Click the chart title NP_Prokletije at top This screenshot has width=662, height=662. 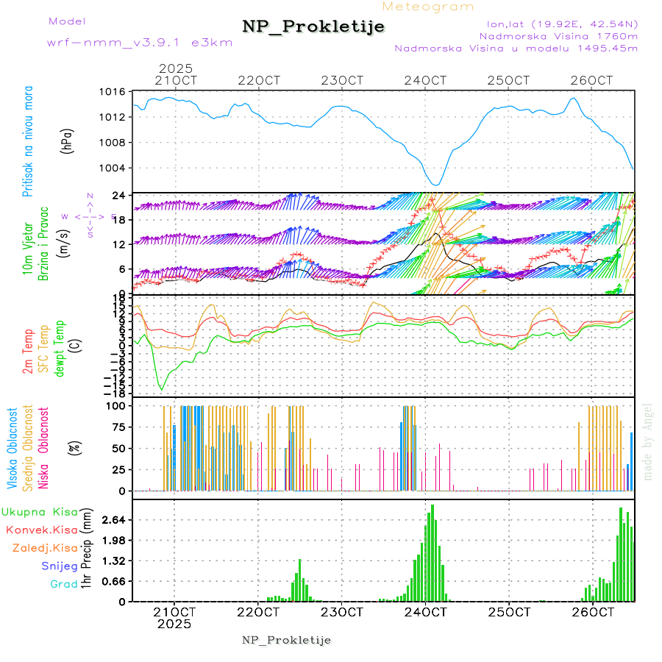313,27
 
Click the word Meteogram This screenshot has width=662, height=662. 429,7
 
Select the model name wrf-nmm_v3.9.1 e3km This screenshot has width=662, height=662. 140,43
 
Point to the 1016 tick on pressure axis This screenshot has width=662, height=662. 113,92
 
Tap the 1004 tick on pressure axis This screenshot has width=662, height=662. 113,168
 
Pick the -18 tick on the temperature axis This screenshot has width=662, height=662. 114,393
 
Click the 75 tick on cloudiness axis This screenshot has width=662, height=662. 116,427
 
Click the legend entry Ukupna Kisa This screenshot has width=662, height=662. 40,511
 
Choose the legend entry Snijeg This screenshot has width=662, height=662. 60,566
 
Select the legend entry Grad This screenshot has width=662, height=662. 64,584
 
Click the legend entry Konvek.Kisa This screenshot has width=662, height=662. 42,530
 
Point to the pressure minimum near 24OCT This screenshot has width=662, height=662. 435,185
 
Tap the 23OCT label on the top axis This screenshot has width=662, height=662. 345,79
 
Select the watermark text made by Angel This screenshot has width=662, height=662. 648,441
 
